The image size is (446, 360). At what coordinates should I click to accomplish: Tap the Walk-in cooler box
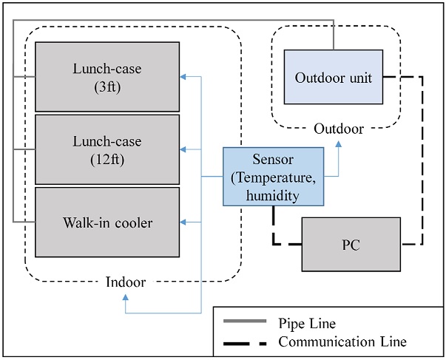click(107, 221)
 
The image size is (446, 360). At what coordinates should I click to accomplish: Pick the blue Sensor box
click(273, 177)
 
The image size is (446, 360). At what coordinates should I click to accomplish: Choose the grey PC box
click(351, 245)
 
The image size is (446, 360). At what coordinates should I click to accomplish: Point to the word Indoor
click(126, 282)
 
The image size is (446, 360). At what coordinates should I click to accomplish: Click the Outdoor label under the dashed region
click(339, 129)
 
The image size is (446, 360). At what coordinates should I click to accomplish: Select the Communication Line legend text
click(342, 342)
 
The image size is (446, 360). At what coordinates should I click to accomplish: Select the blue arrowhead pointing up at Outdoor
click(339, 147)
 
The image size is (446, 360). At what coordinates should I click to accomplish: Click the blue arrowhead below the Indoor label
click(126, 297)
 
